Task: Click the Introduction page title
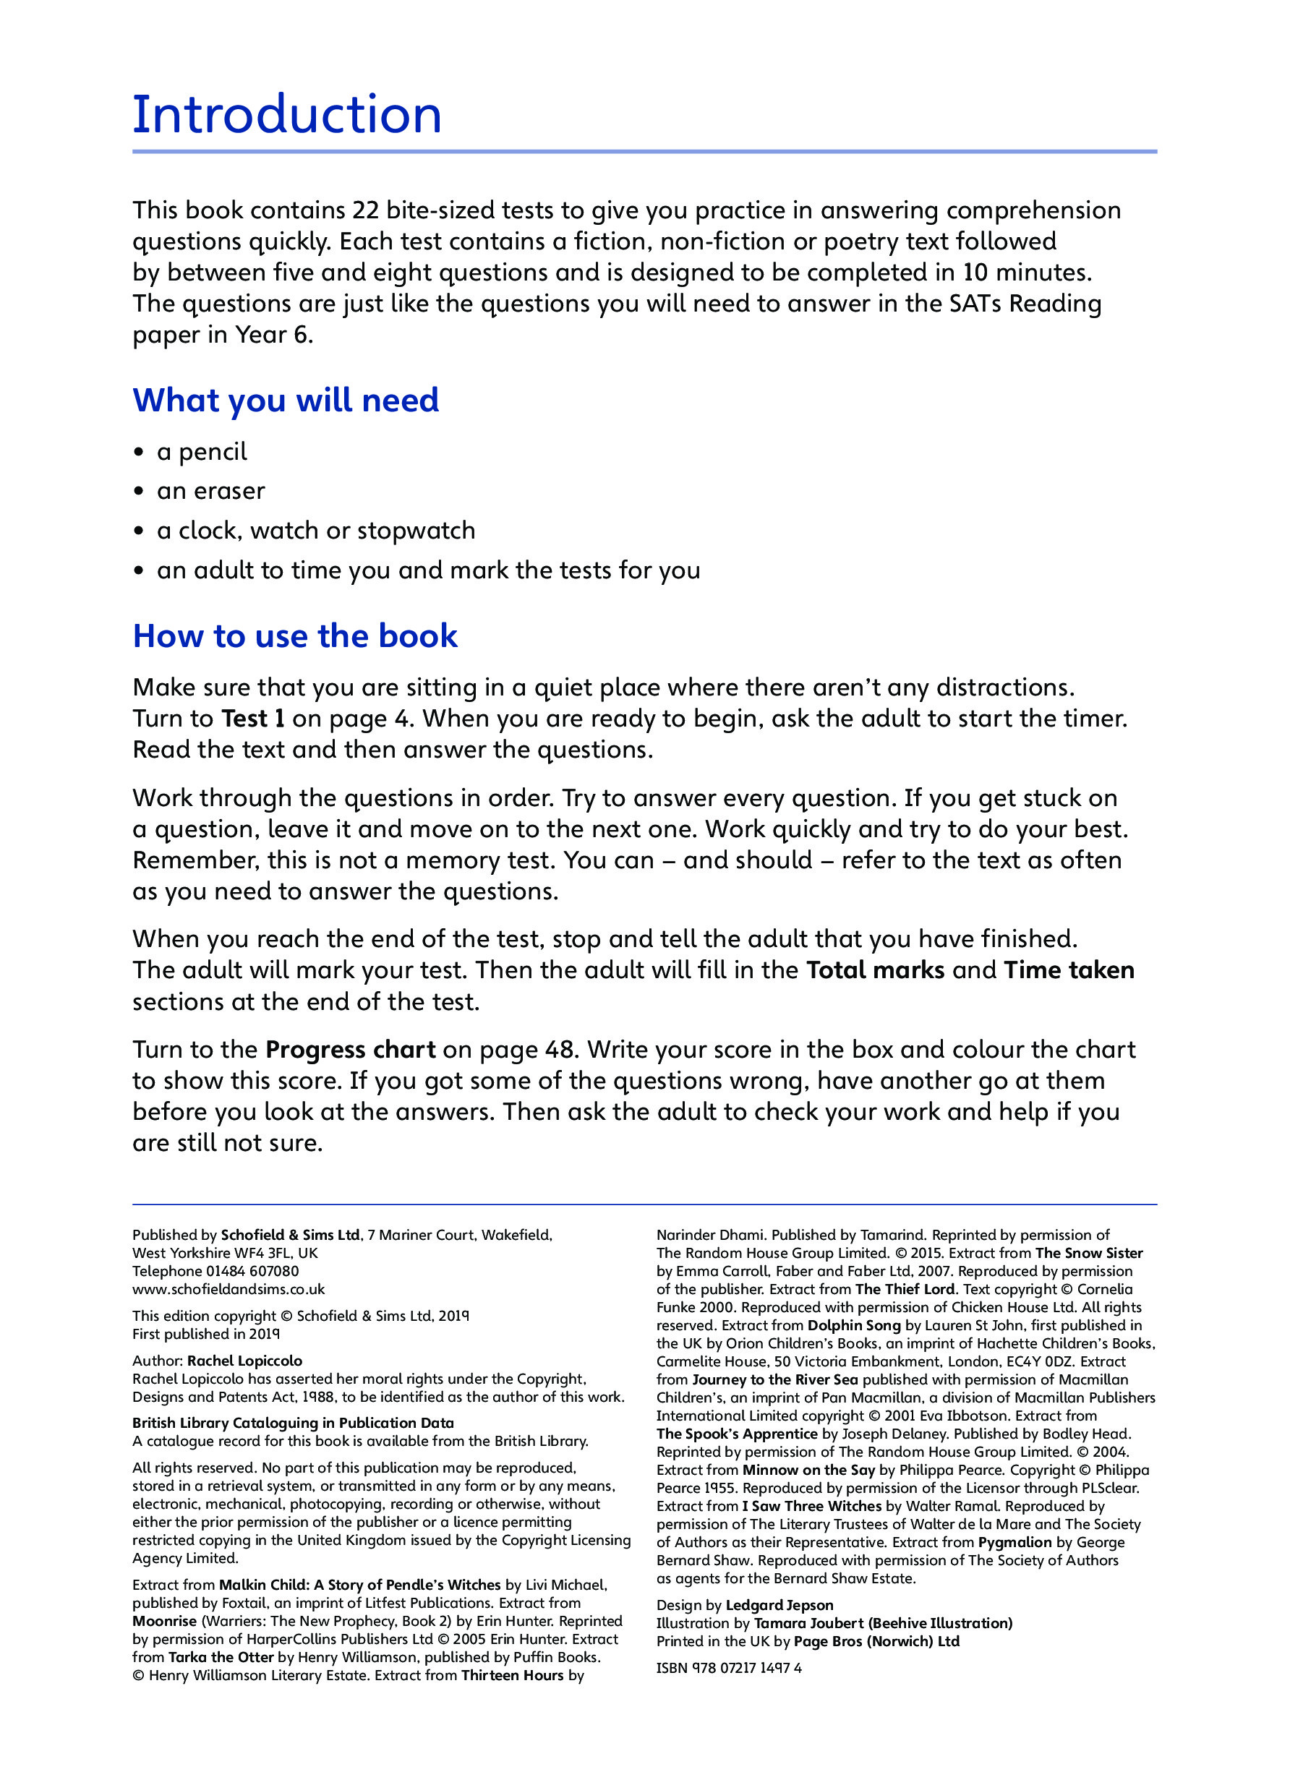coord(286,115)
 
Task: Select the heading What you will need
coord(286,400)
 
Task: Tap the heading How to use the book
coord(294,635)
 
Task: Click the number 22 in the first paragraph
coord(365,210)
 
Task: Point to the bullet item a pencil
coord(202,452)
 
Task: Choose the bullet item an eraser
coord(210,491)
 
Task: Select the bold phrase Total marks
coord(874,969)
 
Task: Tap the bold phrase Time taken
coord(1069,969)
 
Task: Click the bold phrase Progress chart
coord(350,1049)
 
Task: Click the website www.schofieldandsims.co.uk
coord(228,1289)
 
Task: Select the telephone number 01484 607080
coord(252,1271)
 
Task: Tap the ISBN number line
coord(729,1667)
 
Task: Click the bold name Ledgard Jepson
coord(779,1605)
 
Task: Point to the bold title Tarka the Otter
coord(221,1657)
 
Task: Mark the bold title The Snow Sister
coord(1088,1253)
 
